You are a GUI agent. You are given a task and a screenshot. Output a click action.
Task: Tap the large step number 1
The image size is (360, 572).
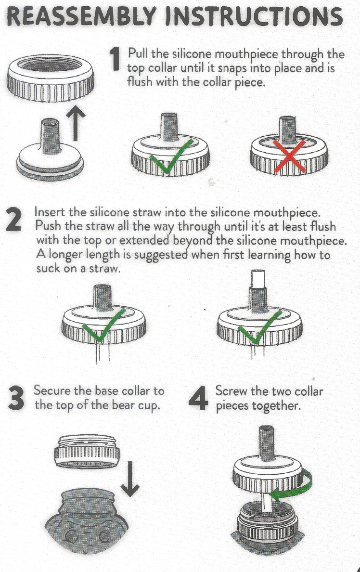115,60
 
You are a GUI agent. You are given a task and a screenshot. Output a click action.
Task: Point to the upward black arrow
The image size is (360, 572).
76,125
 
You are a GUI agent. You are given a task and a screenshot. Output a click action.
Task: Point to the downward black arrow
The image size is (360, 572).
129,479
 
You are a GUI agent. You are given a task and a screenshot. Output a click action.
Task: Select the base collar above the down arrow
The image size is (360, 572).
87,451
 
